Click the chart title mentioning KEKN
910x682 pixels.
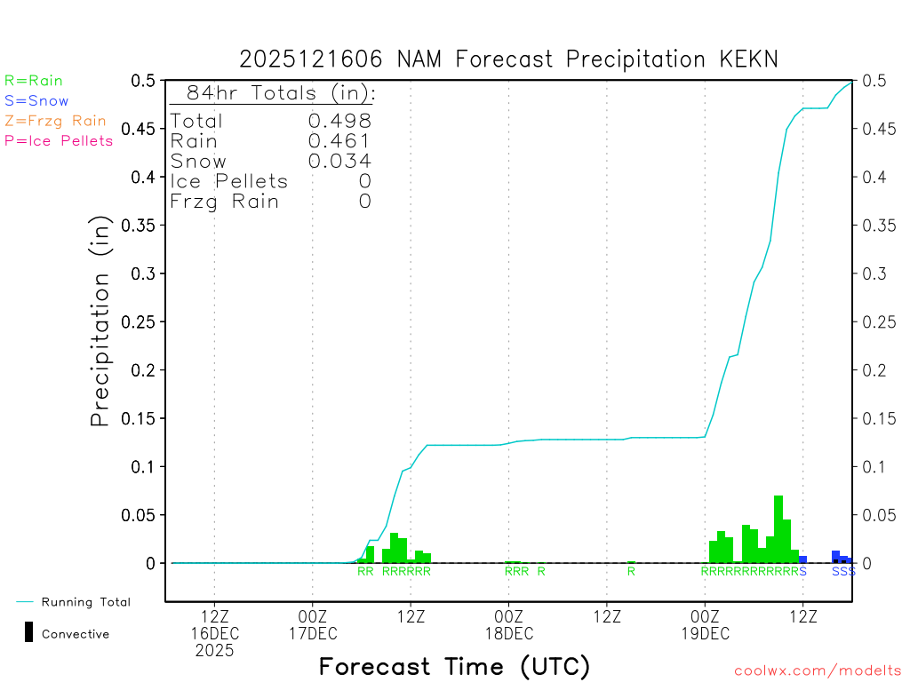coord(508,59)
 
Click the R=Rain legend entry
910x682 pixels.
coord(34,81)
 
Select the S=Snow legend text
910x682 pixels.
coord(36,101)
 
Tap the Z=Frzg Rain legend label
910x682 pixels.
coord(55,121)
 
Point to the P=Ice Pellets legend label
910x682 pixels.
coord(59,140)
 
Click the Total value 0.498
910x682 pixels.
coord(339,121)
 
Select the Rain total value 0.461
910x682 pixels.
coord(339,140)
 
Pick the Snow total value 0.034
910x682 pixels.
coord(339,161)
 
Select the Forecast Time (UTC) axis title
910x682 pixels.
coord(454,666)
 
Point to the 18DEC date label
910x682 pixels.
coord(508,633)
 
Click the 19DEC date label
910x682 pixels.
coord(705,633)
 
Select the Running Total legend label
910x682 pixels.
coord(86,602)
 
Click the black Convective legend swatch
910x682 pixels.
coord(28,632)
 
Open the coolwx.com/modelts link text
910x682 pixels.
coord(818,670)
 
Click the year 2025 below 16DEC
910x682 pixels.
coord(215,650)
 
